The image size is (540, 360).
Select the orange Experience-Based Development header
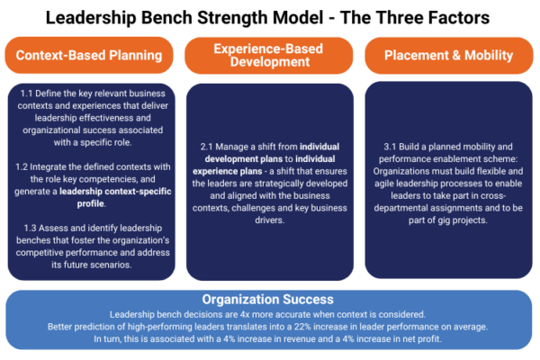click(269, 55)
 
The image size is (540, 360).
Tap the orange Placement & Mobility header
click(447, 55)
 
